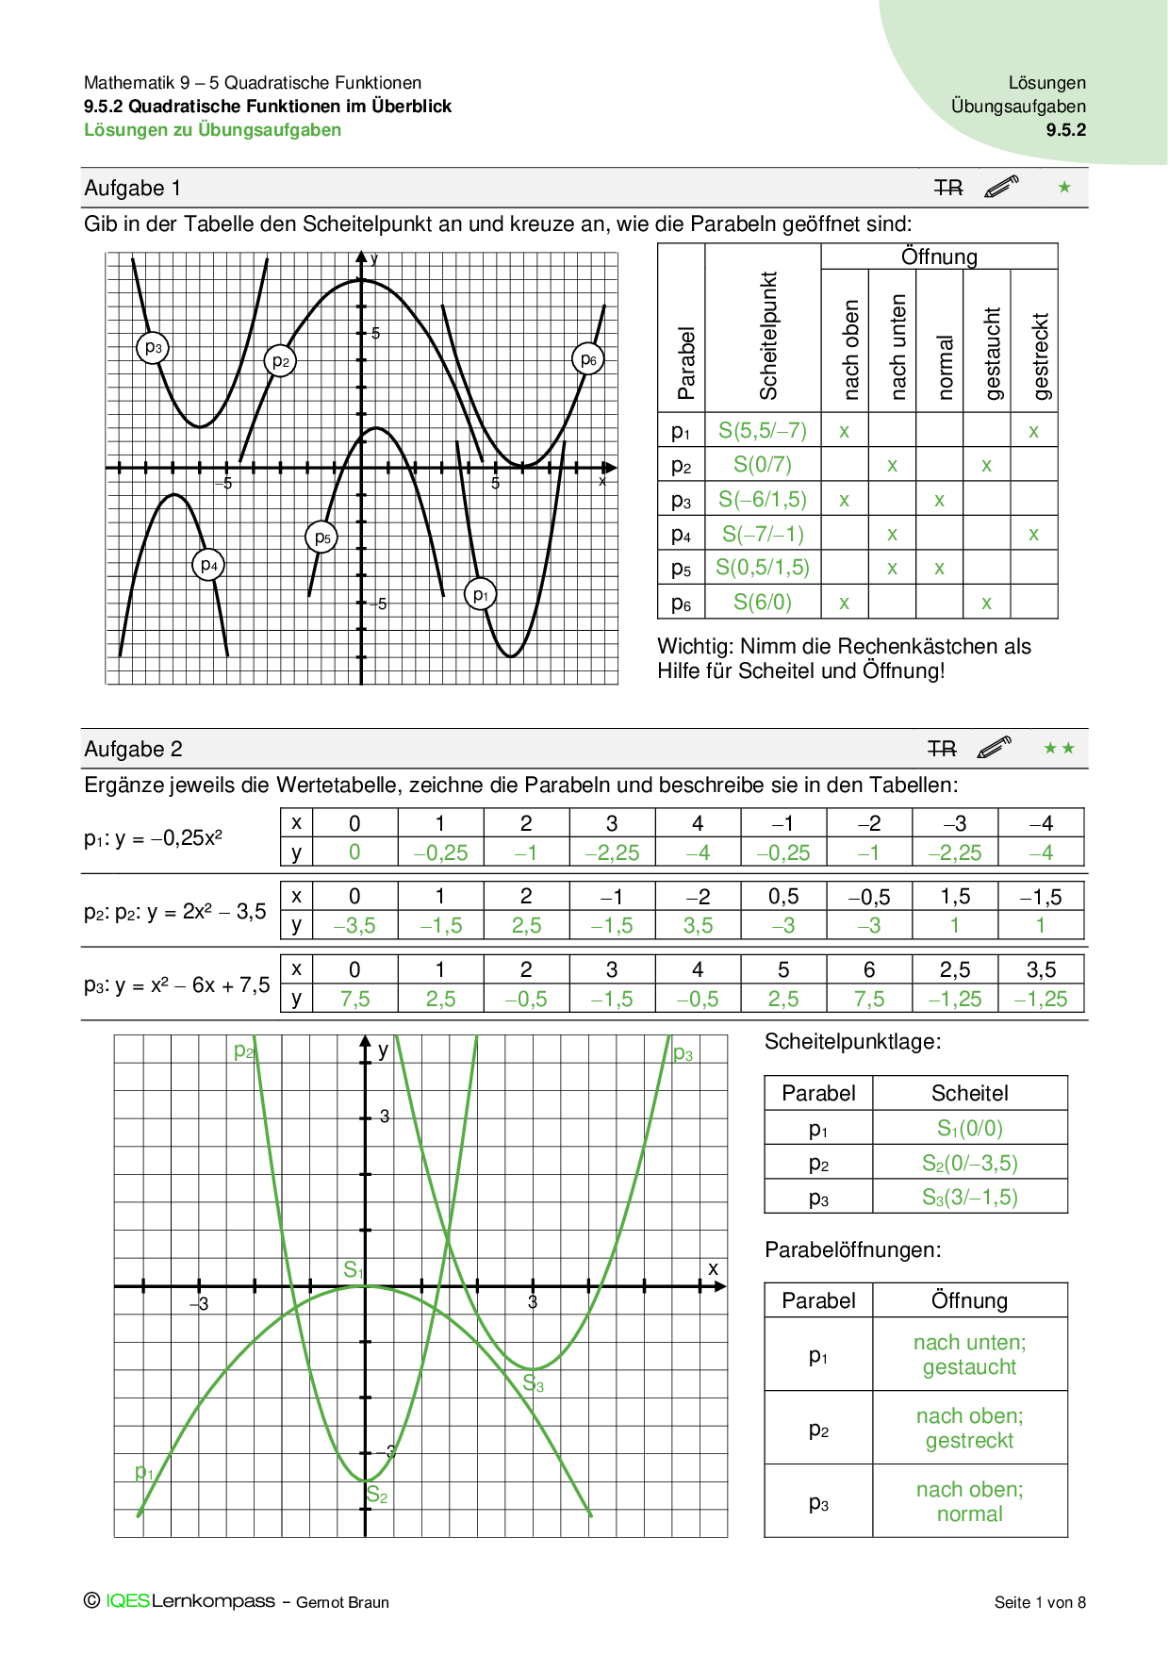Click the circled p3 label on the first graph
(153, 348)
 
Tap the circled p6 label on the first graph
(588, 359)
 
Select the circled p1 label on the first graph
(481, 595)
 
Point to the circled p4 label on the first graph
(209, 566)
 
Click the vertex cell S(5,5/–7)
(763, 431)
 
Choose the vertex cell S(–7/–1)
(763, 534)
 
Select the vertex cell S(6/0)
(763, 602)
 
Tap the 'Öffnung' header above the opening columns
(939, 256)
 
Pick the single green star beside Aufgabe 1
(1064, 188)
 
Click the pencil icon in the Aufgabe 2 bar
(995, 748)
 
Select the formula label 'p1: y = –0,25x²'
(154, 838)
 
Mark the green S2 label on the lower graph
(377, 1495)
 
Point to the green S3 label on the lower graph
(534, 1383)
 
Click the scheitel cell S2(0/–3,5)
(970, 1163)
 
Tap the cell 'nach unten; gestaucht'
(970, 1354)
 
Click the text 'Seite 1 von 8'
(1040, 1602)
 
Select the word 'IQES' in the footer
(128, 1601)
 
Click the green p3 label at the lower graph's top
(683, 1053)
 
